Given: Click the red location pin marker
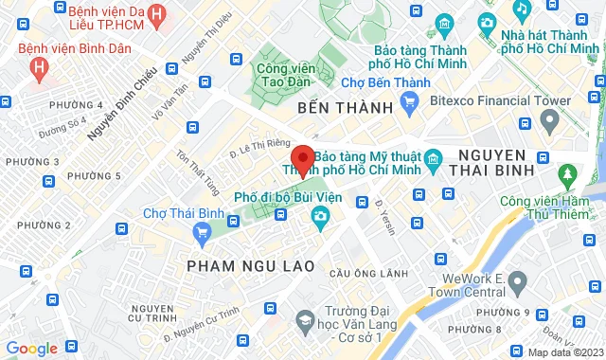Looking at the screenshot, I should click(x=303, y=160).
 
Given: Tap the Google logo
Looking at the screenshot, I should click(x=31, y=349).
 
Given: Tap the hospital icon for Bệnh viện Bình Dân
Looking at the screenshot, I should click(x=38, y=67).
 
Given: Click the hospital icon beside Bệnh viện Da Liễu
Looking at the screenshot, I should click(x=156, y=14).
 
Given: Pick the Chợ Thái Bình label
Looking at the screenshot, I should click(x=176, y=213).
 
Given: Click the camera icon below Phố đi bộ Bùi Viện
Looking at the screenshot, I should click(x=321, y=219).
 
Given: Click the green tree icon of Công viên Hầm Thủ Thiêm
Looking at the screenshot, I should click(x=567, y=174).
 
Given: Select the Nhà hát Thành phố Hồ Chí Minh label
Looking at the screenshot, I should click(x=551, y=42).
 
